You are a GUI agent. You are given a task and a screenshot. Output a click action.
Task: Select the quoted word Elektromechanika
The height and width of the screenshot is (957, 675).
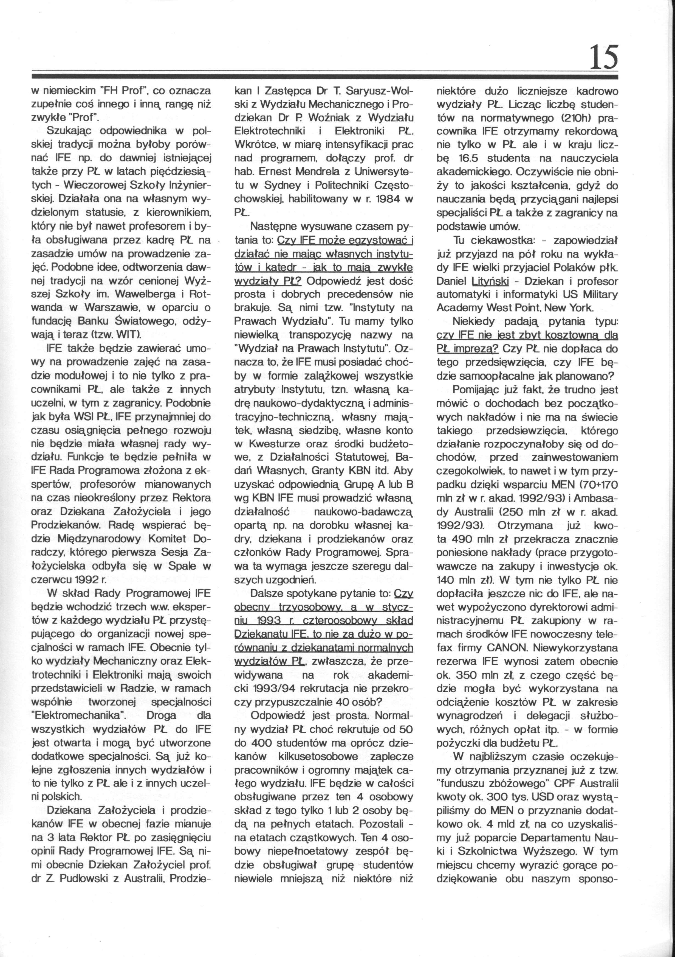click(x=79, y=715)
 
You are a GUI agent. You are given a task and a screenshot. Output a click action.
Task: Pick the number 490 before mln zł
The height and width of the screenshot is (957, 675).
click(x=465, y=539)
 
